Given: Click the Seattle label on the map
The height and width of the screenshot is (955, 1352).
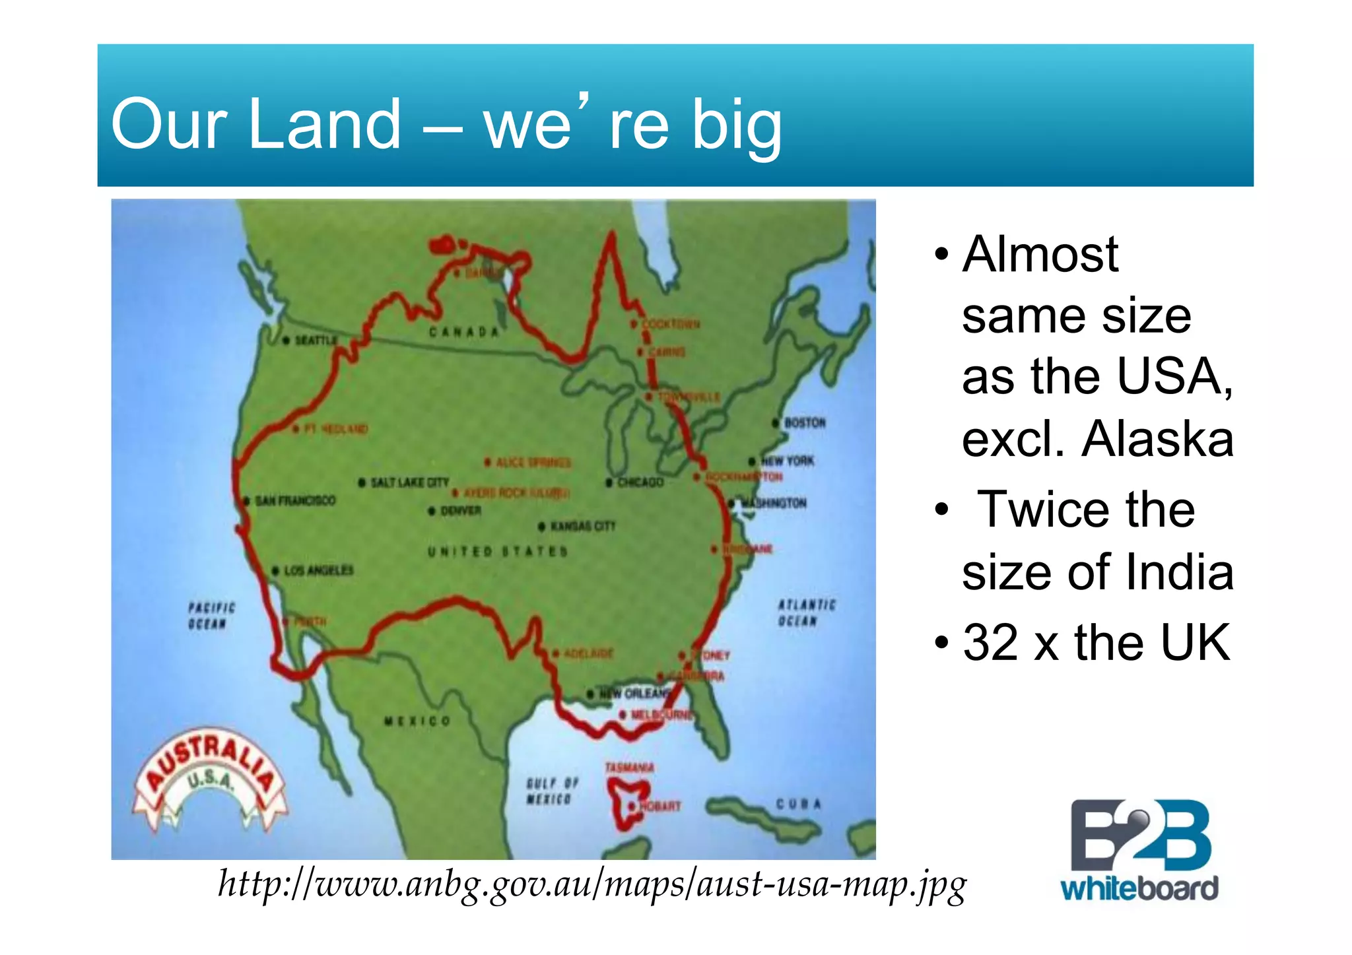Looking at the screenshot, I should click(316, 340).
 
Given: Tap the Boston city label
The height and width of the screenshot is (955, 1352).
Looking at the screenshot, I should click(804, 422).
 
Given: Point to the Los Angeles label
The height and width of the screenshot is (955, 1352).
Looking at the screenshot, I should click(318, 570).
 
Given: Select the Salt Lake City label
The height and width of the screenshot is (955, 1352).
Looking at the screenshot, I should click(409, 482).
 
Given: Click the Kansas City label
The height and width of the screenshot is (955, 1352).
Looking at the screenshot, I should click(582, 526).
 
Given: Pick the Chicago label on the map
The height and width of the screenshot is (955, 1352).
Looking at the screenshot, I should click(640, 482).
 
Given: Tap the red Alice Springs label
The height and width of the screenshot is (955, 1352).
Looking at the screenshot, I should click(533, 462).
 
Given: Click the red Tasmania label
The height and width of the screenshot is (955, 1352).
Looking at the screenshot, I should click(629, 768).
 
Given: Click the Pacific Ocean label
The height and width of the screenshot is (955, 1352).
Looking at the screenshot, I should click(211, 615).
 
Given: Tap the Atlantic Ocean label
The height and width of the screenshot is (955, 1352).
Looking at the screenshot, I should click(806, 612).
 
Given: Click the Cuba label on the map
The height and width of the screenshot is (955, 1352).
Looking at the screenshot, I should click(798, 804).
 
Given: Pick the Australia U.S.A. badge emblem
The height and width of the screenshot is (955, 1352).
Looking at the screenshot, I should click(210, 780).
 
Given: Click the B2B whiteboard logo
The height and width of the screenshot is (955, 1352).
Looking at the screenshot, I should click(1139, 850).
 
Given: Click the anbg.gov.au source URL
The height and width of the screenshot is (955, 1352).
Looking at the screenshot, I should click(592, 884).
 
